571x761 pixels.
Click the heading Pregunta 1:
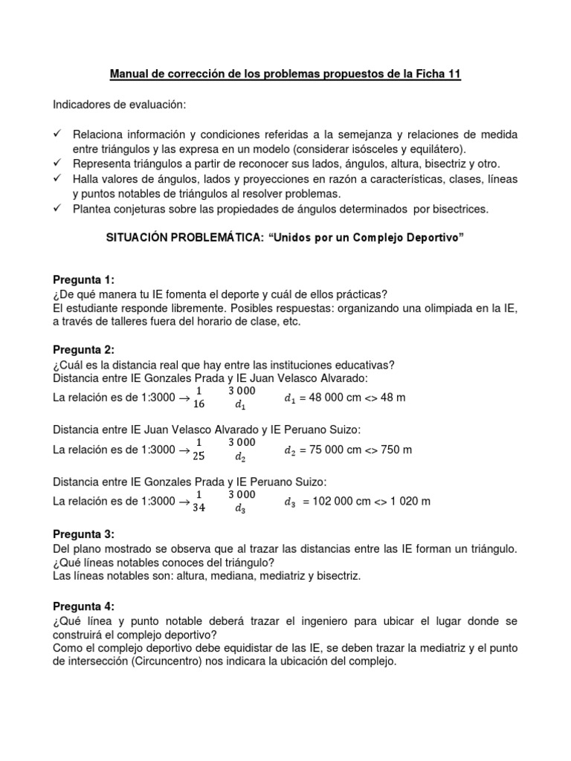[84, 279]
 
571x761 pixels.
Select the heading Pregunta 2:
[84, 350]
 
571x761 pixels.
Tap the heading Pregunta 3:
[84, 535]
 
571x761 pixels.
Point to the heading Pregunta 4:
[84, 606]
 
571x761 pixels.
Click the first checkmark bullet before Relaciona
[58, 135]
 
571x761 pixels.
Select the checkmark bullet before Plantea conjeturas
[58, 209]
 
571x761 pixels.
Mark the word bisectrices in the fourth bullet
[457, 209]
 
